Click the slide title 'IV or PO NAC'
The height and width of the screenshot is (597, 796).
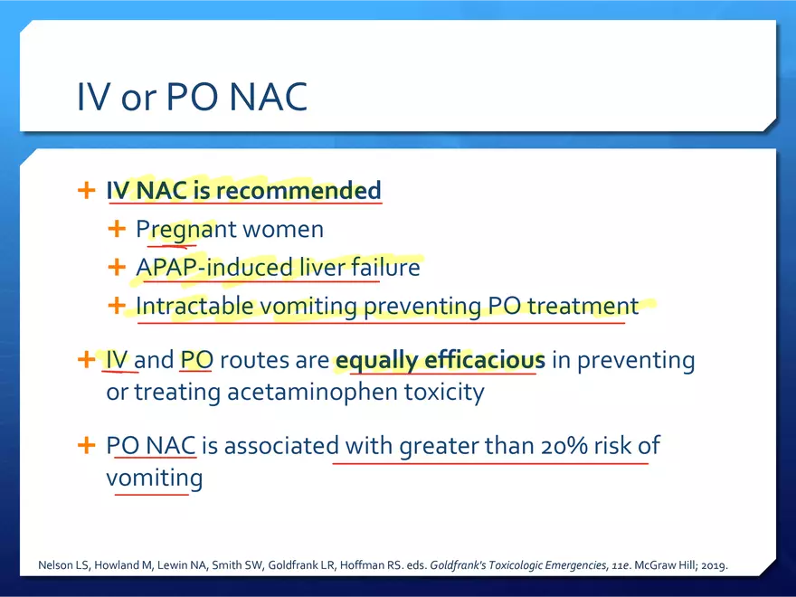click(193, 97)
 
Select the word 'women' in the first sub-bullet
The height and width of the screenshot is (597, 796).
click(283, 230)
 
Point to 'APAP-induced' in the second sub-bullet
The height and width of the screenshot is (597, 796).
click(214, 268)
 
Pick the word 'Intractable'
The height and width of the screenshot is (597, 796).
click(194, 306)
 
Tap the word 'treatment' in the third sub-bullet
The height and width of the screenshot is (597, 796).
click(583, 306)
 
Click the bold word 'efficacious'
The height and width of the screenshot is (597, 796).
click(485, 360)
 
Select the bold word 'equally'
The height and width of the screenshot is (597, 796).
click(376, 361)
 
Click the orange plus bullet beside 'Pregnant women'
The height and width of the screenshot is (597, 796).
click(117, 229)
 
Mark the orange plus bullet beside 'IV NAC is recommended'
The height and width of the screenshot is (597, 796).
click(86, 190)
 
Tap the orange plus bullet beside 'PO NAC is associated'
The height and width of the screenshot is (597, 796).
click(86, 445)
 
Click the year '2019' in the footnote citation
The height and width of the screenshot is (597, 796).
click(714, 565)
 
